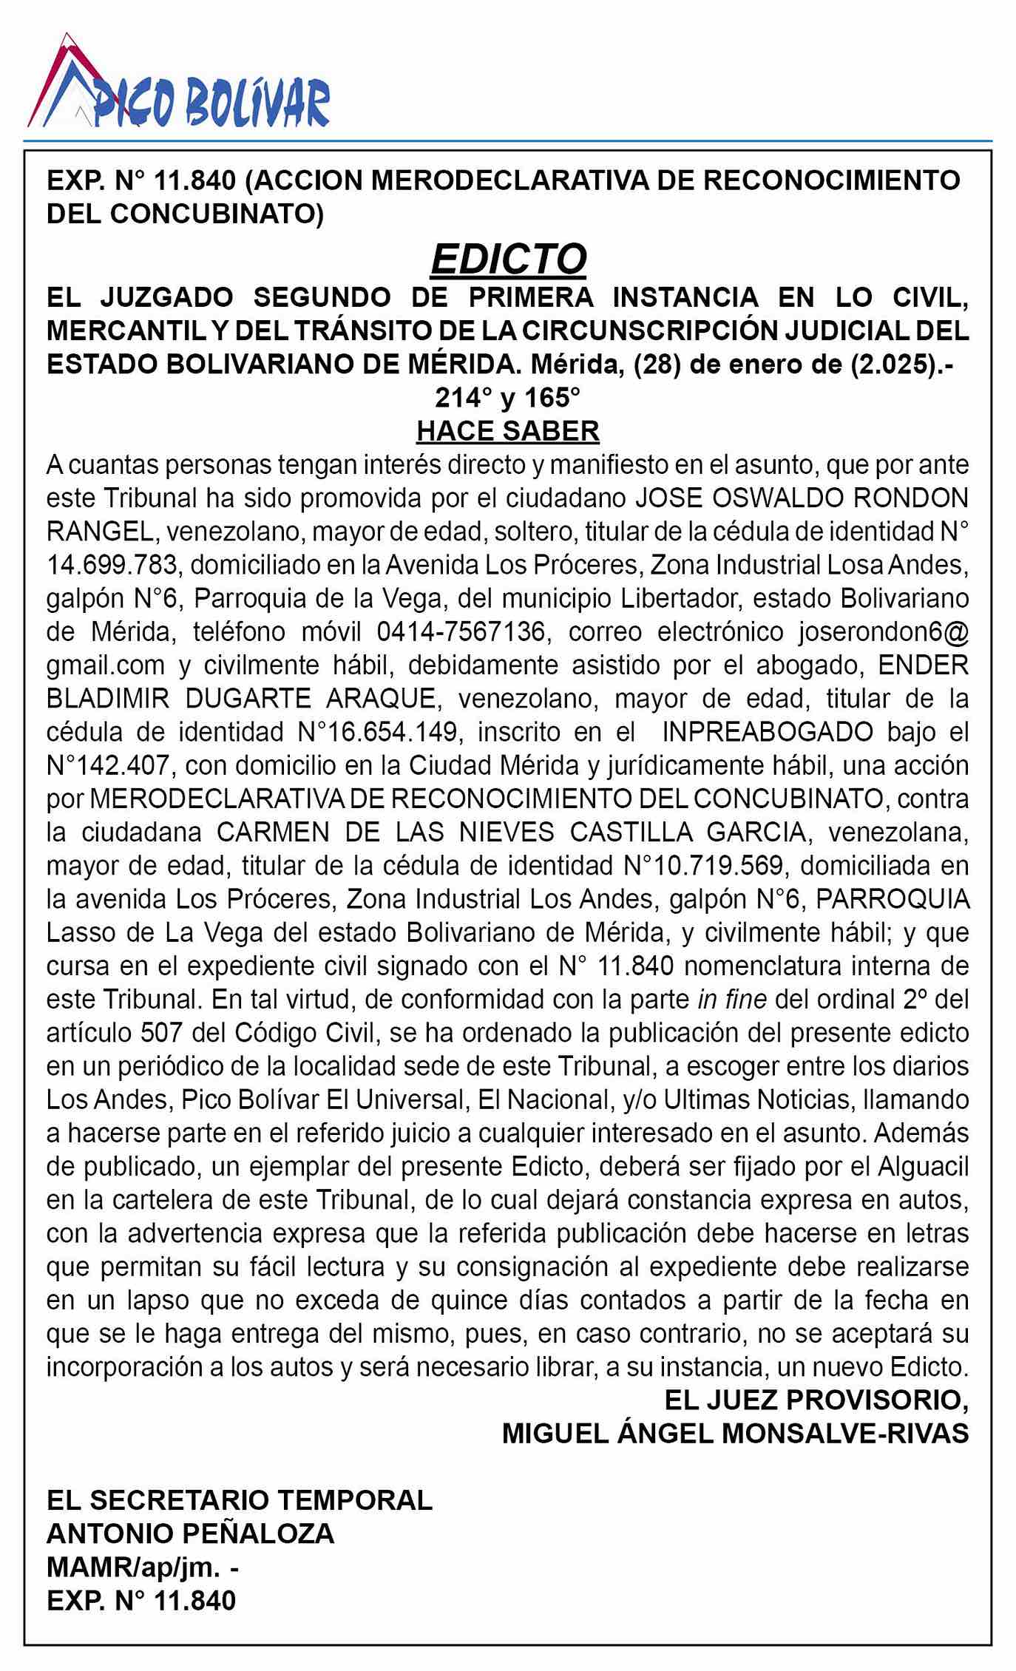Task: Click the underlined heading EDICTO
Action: click(x=508, y=259)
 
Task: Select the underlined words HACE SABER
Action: click(x=508, y=430)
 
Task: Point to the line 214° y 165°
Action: click(x=508, y=398)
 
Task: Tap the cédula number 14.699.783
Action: click(x=112, y=565)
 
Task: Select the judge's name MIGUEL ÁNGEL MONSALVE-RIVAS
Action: click(x=735, y=1433)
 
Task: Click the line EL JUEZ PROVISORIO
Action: click(x=816, y=1400)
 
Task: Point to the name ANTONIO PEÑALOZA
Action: click(x=191, y=1533)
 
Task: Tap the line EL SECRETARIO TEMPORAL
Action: click(x=239, y=1500)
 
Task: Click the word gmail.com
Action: click(x=105, y=665)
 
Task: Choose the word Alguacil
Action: click(x=923, y=1166)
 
